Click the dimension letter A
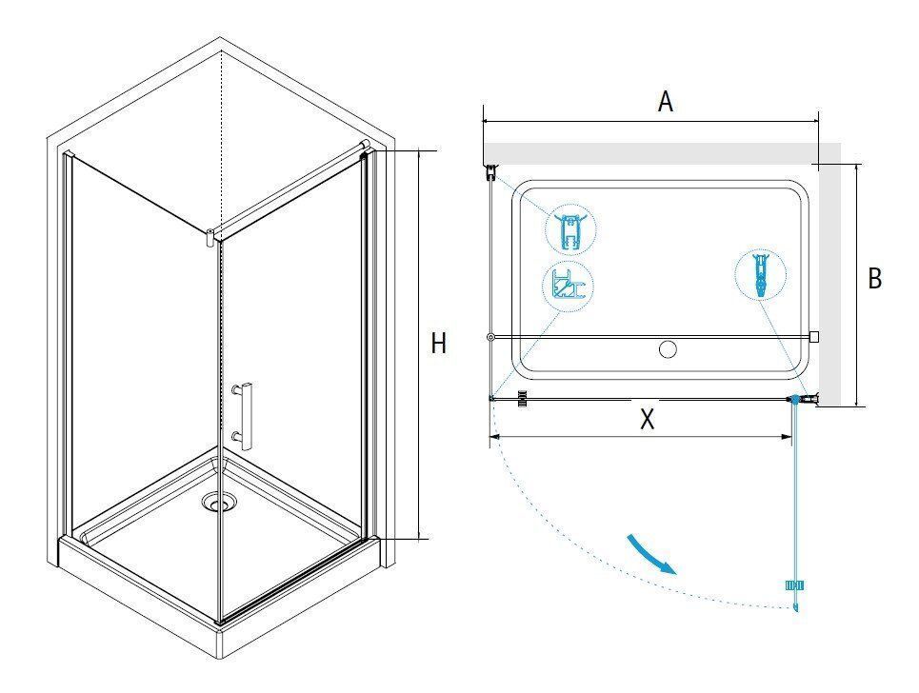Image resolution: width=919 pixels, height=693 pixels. tap(666, 101)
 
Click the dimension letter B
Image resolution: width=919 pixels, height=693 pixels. tap(874, 278)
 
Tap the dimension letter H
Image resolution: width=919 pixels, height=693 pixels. tap(438, 344)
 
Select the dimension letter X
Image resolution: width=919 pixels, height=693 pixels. tap(647, 419)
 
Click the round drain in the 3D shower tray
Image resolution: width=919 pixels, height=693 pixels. tap(219, 502)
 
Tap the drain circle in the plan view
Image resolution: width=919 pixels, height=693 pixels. tap(668, 349)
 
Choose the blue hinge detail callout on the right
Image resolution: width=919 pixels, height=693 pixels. tap(760, 275)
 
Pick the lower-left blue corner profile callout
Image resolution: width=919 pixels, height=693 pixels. tap(568, 287)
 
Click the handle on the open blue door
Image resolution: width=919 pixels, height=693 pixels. tap(794, 585)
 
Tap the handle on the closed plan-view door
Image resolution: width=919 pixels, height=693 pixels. tap(523, 400)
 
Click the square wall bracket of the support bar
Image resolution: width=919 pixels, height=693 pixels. tap(814, 336)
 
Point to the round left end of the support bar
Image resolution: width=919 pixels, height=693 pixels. tap(490, 337)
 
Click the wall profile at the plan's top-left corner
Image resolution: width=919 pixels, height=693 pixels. tap(491, 172)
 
